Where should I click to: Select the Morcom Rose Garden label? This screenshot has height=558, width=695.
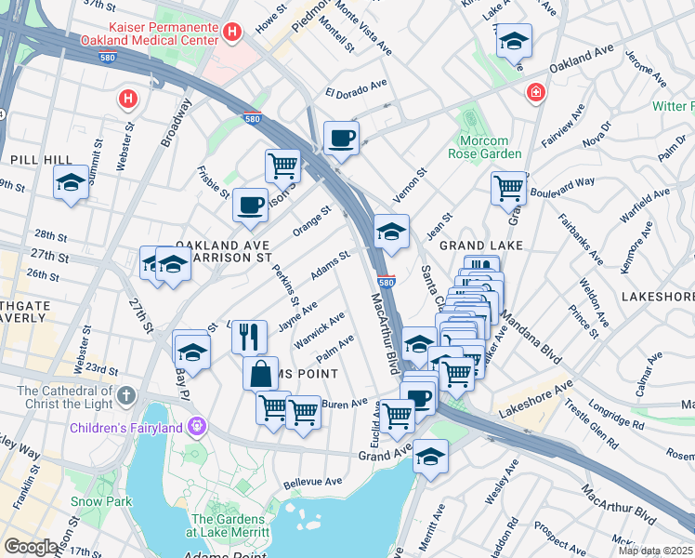click(479, 146)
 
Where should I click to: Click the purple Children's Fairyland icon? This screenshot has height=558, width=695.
click(196, 428)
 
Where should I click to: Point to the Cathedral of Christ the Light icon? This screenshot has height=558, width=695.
click(126, 396)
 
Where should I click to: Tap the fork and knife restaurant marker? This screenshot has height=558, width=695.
click(249, 336)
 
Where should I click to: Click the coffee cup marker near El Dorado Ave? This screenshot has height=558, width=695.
click(341, 138)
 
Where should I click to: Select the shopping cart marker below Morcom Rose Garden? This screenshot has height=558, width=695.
click(508, 187)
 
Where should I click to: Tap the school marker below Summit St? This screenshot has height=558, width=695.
click(70, 183)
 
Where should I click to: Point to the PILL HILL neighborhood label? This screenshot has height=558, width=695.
click(30, 160)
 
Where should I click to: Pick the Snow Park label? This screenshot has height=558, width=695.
click(94, 500)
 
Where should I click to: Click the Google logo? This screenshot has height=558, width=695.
click(30, 547)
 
